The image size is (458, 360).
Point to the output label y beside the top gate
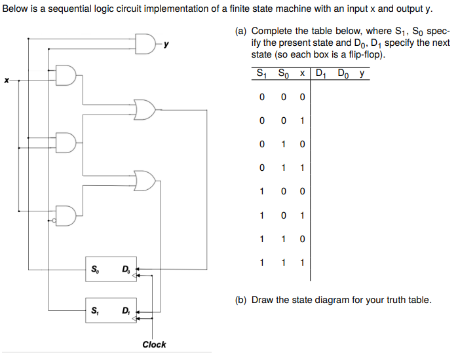pos(166,45)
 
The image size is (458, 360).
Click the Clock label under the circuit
pos(154,344)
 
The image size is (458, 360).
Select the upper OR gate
pos(144,109)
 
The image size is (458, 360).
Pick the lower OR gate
pos(144,179)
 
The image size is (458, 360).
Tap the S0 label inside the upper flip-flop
pos(96,268)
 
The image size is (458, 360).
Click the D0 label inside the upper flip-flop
pos(124,268)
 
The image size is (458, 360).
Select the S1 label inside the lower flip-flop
pos(96,310)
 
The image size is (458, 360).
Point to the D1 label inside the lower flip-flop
pos(124,310)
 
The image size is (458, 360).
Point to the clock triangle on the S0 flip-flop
pos(135,277)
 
